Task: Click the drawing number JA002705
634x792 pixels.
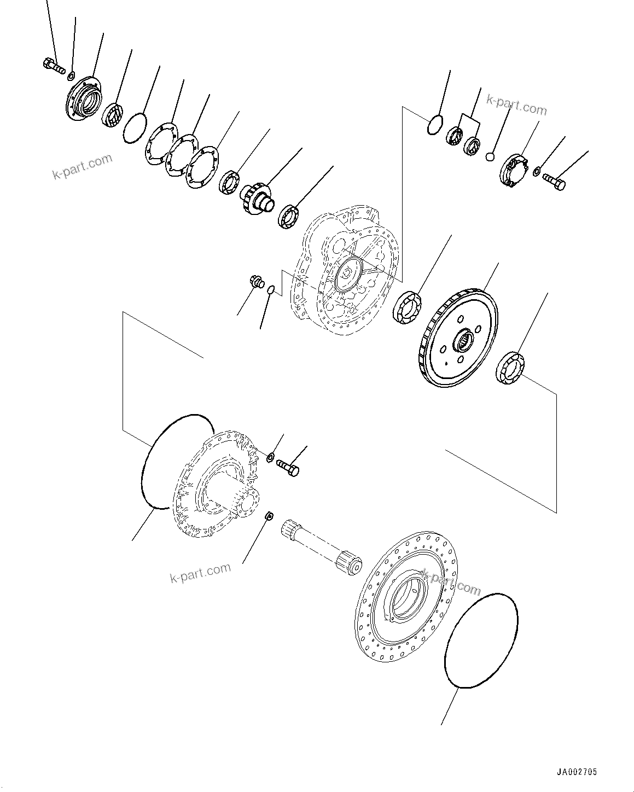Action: pos(577,772)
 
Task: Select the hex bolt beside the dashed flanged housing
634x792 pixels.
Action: pos(288,467)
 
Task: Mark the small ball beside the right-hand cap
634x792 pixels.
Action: pos(491,157)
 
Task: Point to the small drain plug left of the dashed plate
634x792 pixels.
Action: pos(255,282)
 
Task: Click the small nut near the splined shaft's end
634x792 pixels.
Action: pos(269,516)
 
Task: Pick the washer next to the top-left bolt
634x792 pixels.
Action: pos(72,74)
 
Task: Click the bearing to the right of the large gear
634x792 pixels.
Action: pos(510,367)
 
